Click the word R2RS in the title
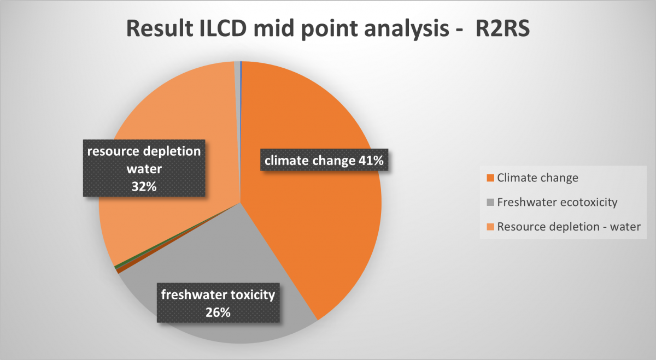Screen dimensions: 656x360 click(x=502, y=28)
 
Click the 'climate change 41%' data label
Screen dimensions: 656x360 click(x=324, y=160)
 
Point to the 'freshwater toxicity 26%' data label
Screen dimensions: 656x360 click(x=218, y=303)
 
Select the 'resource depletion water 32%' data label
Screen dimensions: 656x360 click(x=144, y=168)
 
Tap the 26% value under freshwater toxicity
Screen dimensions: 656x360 click(x=218, y=312)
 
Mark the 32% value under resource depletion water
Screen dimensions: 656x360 click(x=144, y=187)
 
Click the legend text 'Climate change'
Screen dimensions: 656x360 click(x=538, y=178)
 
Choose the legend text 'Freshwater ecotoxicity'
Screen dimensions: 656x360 click(x=557, y=202)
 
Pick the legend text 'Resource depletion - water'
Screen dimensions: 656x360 click(x=569, y=227)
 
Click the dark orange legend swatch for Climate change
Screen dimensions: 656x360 click(x=490, y=178)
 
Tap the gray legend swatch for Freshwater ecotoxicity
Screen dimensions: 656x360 click(x=490, y=202)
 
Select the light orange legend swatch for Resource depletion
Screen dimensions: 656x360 click(x=490, y=227)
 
